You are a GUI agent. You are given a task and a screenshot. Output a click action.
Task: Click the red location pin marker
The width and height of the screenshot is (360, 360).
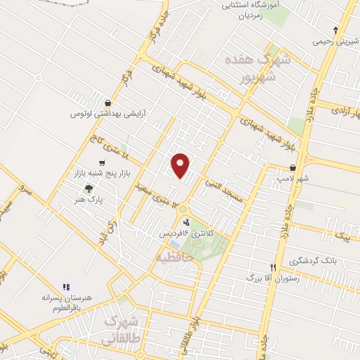[181, 165]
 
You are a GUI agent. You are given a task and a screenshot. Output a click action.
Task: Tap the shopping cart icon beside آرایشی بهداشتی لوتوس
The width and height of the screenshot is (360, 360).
[107, 102]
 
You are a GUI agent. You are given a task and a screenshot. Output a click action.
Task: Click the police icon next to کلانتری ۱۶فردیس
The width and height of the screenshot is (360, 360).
[186, 222]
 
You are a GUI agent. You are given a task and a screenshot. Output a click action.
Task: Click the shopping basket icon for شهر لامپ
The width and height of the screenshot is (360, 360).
[292, 168]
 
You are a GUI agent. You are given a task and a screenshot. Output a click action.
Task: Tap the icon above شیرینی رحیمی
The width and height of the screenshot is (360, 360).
[336, 30]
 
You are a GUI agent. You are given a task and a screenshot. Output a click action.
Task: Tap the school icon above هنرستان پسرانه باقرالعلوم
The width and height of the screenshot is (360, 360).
[66, 287]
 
